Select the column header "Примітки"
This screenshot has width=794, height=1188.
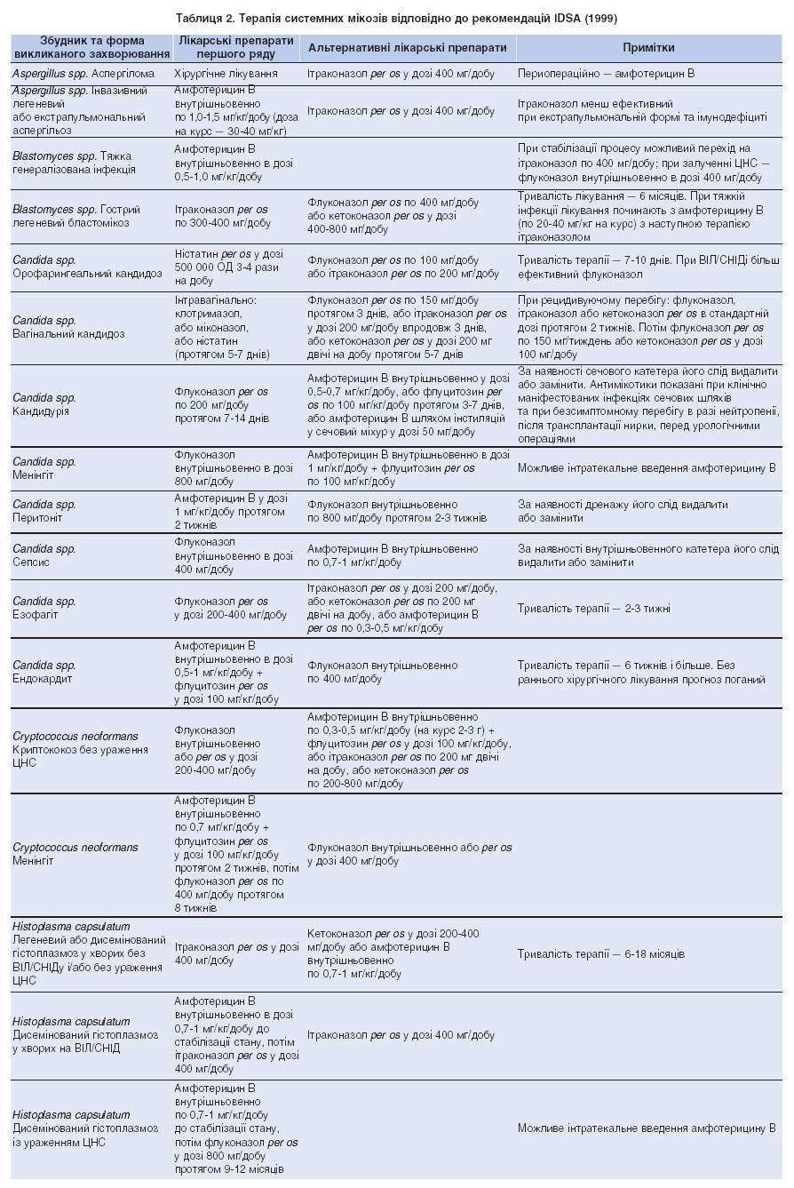click(648, 47)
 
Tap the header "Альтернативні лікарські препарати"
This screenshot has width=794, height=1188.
click(408, 47)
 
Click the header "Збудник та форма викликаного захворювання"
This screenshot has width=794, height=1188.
click(91, 47)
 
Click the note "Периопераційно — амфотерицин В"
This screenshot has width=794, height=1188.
click(606, 75)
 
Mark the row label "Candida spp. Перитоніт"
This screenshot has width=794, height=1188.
click(44, 511)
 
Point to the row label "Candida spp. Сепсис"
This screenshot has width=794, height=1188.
click(44, 556)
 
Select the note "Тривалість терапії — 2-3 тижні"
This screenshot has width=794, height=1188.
click(593, 609)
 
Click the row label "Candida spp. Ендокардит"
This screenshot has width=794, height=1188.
click(44, 672)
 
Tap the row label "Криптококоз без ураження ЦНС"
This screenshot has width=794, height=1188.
click(80, 749)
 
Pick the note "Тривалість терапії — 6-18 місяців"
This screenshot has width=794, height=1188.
click(600, 954)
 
